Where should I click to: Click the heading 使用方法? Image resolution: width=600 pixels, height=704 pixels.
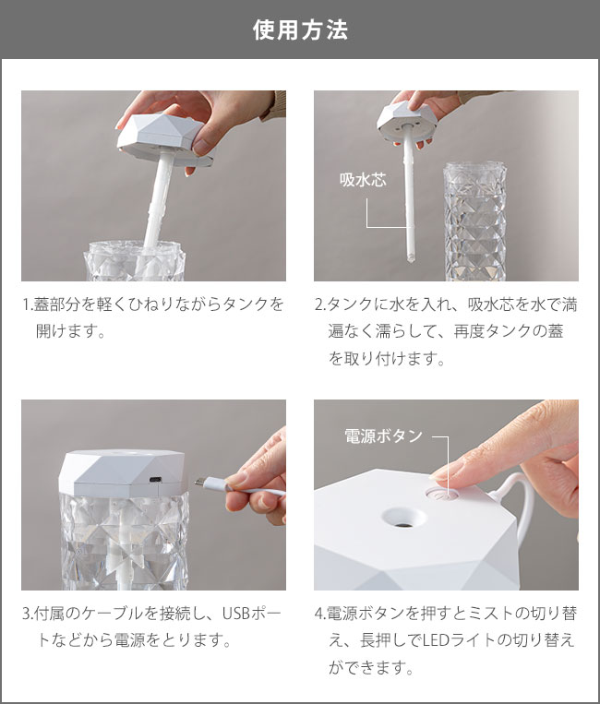pyautogui.click(x=300, y=30)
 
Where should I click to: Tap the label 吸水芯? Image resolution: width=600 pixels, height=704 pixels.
pyautogui.click(x=362, y=179)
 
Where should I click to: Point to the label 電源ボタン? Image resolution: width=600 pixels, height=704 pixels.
pyautogui.click(x=382, y=436)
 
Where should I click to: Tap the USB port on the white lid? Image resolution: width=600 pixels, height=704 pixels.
pyautogui.click(x=153, y=479)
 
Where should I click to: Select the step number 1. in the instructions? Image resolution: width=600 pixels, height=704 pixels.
pyautogui.click(x=27, y=304)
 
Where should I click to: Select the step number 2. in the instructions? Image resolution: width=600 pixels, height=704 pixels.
pyautogui.click(x=319, y=304)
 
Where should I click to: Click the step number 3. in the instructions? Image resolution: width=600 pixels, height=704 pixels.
pyautogui.click(x=27, y=614)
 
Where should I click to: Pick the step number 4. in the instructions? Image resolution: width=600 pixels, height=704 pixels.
pyautogui.click(x=319, y=614)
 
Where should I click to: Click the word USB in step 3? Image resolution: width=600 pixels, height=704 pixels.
pyautogui.click(x=239, y=614)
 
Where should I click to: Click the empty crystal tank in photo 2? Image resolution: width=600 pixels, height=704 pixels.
pyautogui.click(x=474, y=221)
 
